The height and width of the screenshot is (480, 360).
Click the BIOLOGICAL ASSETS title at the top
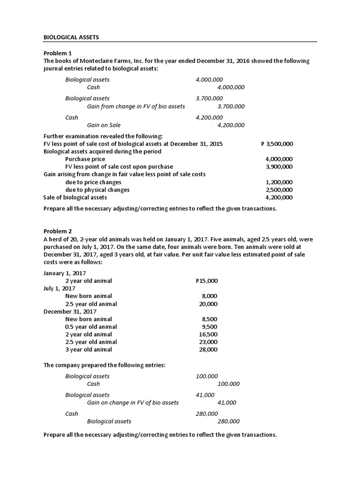tap(71, 37)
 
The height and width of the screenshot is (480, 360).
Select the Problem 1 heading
tap(58, 53)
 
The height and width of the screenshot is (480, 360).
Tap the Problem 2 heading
tap(58, 231)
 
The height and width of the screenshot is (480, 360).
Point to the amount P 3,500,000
tap(277, 144)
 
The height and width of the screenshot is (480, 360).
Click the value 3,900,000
tap(279, 166)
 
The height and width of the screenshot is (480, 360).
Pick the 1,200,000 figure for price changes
tap(279, 182)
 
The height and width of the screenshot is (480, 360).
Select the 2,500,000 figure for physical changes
tap(279, 189)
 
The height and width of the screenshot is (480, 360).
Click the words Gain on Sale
tap(104, 125)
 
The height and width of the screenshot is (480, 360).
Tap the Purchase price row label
tap(85, 159)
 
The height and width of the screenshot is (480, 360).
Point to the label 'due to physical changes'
tap(97, 189)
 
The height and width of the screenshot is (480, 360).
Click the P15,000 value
tap(206, 281)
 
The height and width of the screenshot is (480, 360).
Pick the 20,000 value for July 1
tap(208, 304)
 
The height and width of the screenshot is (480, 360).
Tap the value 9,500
tap(210, 327)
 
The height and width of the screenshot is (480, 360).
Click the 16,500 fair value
tap(208, 334)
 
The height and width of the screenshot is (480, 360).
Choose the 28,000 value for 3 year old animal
tap(208, 349)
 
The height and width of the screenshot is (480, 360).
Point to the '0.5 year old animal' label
tap(91, 327)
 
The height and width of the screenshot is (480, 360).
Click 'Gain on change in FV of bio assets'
tap(133, 403)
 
